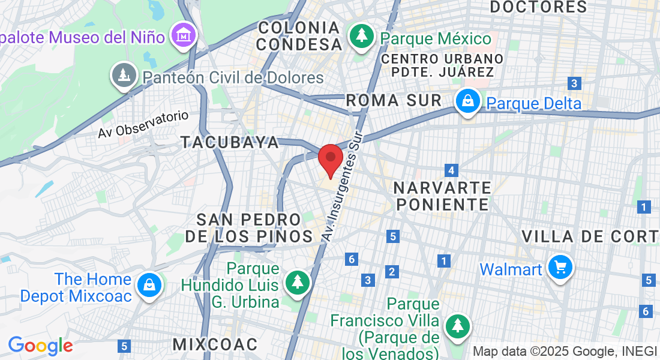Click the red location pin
point(330,160)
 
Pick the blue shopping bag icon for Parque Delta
point(467,102)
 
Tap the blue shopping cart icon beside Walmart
point(560,268)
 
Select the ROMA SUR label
point(394,100)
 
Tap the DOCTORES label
point(538,7)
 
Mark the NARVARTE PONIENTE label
point(443,196)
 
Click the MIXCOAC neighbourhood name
point(215,344)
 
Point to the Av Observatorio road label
point(143,125)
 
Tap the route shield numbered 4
point(452,170)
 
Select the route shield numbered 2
point(392,272)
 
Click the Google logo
point(40,346)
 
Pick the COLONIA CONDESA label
point(298,36)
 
